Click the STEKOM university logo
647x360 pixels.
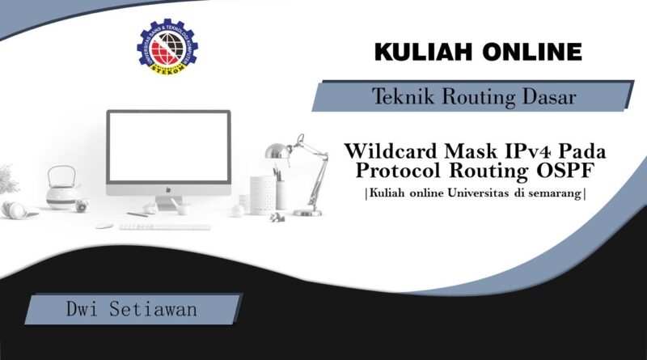167,47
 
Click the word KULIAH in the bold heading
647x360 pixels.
423,52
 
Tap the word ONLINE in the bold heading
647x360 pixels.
532,52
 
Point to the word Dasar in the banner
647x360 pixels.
549,96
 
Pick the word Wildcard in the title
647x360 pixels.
391,151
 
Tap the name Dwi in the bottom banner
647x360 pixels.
82,309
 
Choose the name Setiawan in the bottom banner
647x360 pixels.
153,309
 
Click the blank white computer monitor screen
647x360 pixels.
168,146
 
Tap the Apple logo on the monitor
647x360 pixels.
168,190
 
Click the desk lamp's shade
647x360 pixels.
277,150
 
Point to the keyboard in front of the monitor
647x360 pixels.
165,227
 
